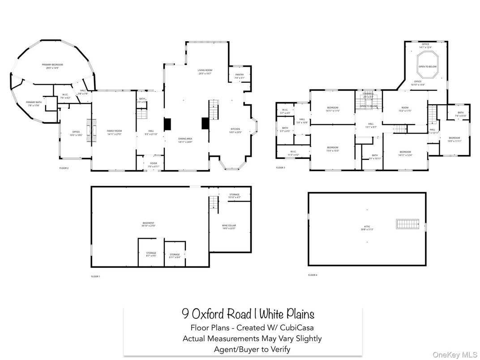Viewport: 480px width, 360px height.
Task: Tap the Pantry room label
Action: click(240, 76)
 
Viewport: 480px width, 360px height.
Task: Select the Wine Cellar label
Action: click(229, 227)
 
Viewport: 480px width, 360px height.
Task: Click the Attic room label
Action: click(366, 228)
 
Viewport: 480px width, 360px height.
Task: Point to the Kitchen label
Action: click(236, 130)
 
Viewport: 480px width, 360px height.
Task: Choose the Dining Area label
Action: click(185, 140)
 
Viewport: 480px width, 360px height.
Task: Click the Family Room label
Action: click(114, 132)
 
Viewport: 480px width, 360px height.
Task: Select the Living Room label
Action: click(205, 72)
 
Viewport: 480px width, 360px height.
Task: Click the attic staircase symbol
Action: click(407, 223)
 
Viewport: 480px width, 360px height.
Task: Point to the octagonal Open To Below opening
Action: click(428, 61)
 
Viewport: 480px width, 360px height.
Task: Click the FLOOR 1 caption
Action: click(95, 276)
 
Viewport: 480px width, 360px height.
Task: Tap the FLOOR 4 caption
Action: click(313, 274)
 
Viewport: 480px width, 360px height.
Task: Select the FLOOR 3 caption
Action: click(280, 167)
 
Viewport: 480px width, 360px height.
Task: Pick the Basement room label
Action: click(148, 224)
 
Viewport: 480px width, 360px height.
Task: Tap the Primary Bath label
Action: click(33, 103)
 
